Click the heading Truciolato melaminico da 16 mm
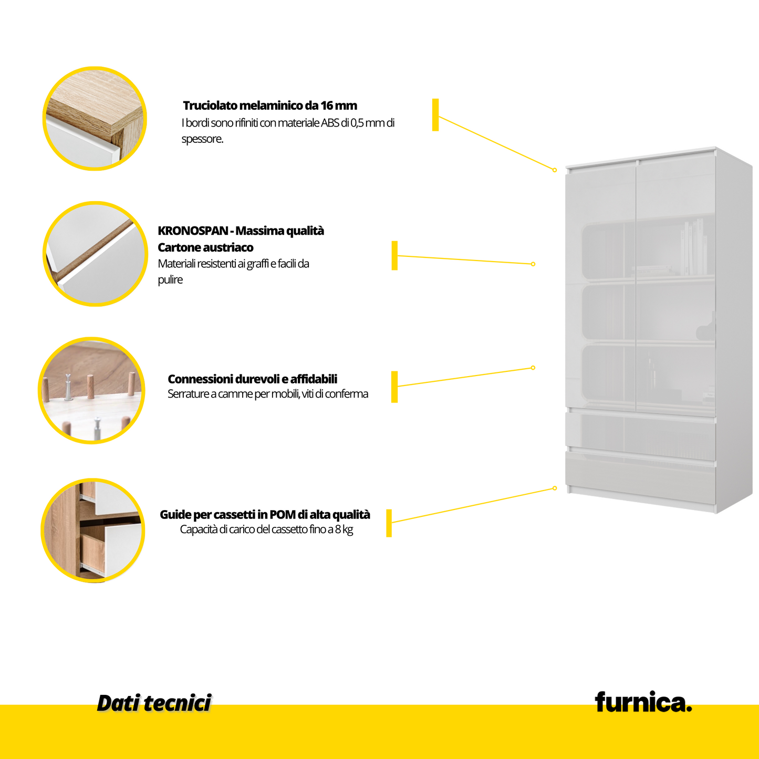tap(270, 106)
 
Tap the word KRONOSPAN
tap(193, 231)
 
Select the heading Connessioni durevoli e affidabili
tap(252, 379)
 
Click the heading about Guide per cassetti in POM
tap(265, 515)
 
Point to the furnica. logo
tap(643, 702)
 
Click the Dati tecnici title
tap(154, 703)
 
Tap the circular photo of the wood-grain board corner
tap(95, 118)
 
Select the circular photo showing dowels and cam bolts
tap(92, 390)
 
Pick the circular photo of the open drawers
tap(93, 530)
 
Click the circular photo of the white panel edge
tap(95, 254)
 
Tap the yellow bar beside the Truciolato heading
tap(435, 115)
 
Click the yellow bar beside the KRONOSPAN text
tap(394, 256)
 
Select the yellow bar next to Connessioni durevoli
tap(394, 387)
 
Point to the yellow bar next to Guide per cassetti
tap(389, 523)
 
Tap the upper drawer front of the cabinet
tap(641, 433)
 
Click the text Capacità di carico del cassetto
tap(266, 529)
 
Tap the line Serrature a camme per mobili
tap(267, 394)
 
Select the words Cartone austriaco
tap(205, 247)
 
